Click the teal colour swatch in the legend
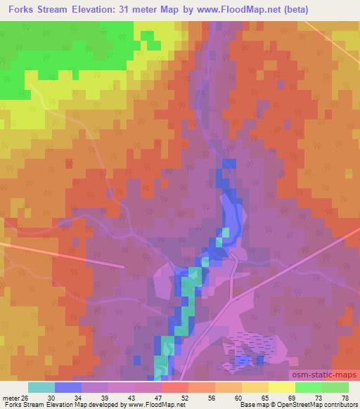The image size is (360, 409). pos(41,387)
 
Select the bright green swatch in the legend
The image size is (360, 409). pos(308,387)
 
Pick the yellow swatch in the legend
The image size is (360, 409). pos(255,387)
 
